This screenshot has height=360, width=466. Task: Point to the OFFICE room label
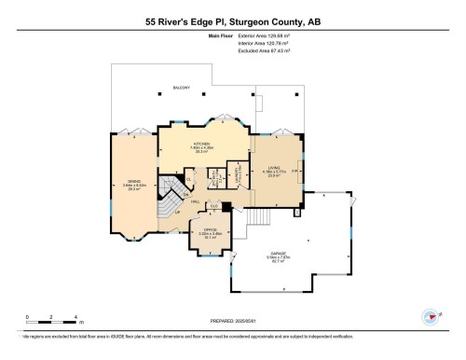pyautogui.click(x=204, y=233)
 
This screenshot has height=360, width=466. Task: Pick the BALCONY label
pyautogui.click(x=182, y=89)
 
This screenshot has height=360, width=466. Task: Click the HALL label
pyautogui.click(x=194, y=201)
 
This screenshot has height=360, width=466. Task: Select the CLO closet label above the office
pyautogui.click(x=213, y=206)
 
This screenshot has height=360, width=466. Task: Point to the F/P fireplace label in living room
pyautogui.click(x=295, y=172)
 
